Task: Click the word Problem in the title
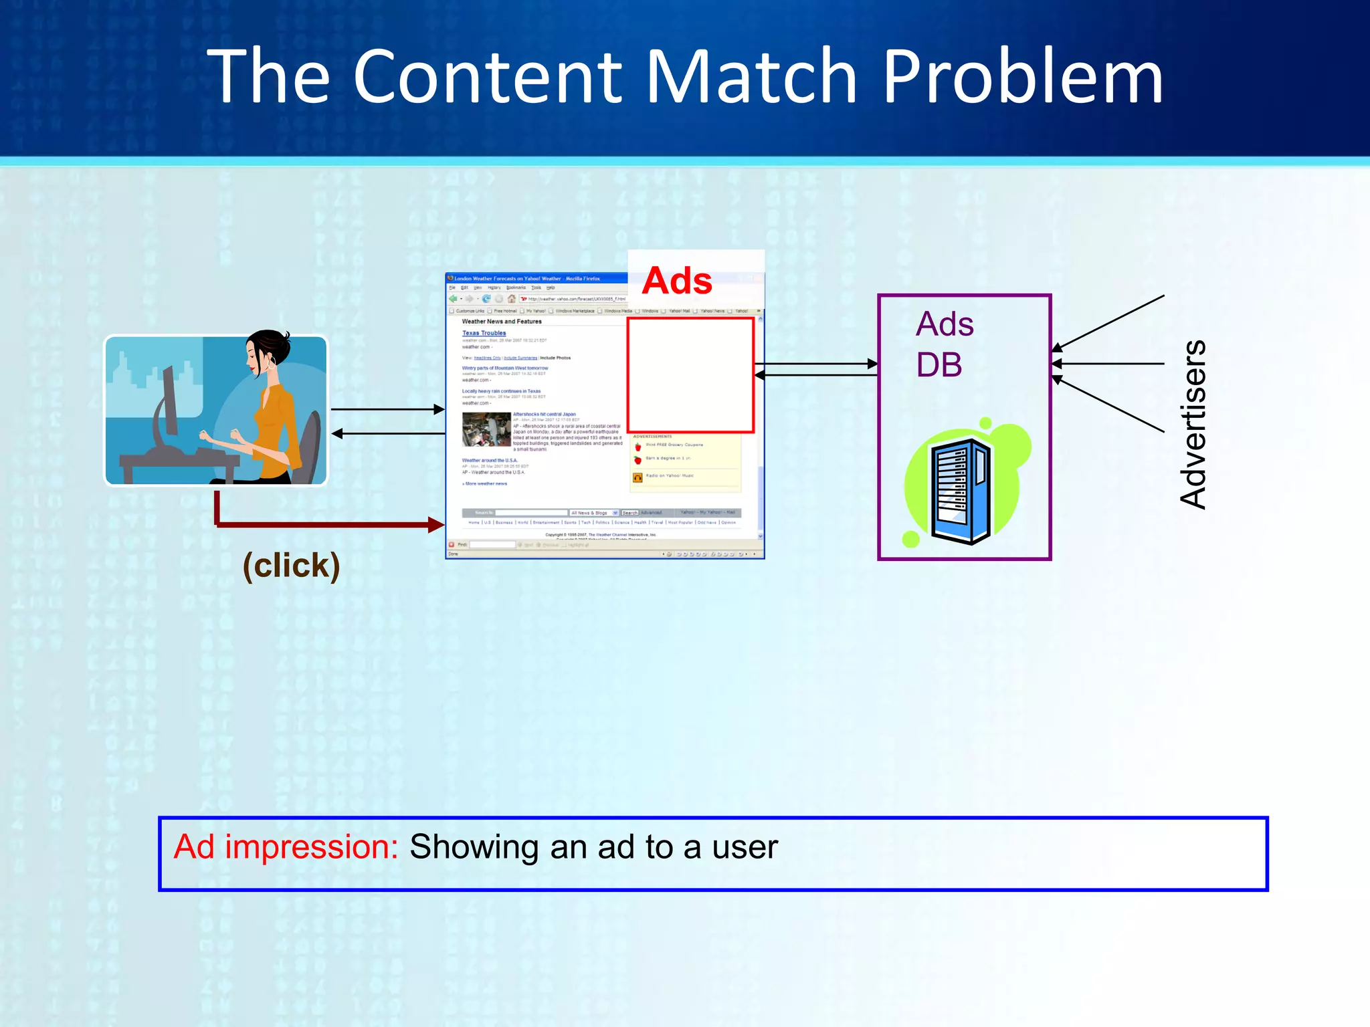pos(1023,79)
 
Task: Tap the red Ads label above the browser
pos(677,281)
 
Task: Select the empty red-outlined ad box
pos(690,375)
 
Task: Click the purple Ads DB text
pos(943,344)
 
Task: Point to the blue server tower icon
pos(961,489)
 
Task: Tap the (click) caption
pos(291,566)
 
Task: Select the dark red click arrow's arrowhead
pos(436,525)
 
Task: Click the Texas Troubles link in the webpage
pos(484,333)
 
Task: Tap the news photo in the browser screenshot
pos(486,429)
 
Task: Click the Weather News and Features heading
pos(502,322)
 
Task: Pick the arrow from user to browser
pos(387,409)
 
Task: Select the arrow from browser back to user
pos(388,434)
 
